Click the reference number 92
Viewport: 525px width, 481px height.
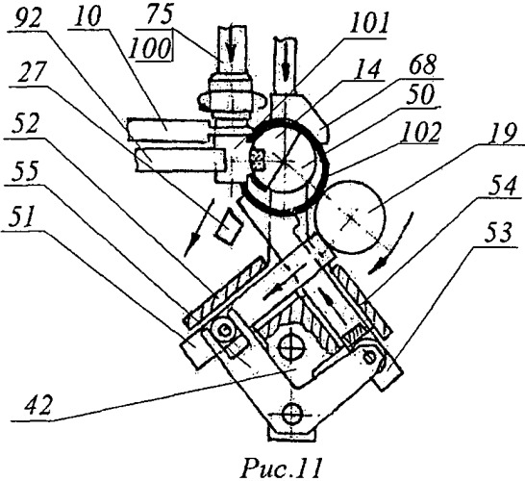28,19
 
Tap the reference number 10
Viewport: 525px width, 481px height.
87,16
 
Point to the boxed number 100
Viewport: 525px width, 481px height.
149,48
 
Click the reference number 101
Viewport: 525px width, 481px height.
370,24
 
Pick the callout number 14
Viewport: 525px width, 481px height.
367,70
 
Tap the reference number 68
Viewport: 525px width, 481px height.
422,64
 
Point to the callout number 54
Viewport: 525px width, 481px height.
502,186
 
